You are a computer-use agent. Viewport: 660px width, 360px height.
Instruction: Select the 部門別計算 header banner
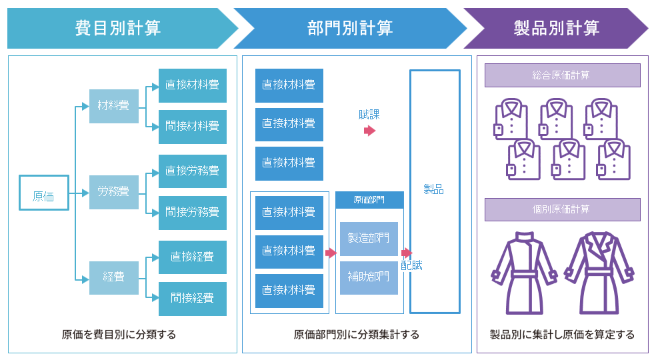pyautogui.click(x=350, y=28)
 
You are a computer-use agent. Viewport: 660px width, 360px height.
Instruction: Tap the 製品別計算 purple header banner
pyautogui.click(x=557, y=28)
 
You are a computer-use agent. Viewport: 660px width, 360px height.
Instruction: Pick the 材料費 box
pyautogui.click(x=113, y=106)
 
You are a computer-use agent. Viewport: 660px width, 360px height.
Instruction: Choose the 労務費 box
pyautogui.click(x=113, y=192)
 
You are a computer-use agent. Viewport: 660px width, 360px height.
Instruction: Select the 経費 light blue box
pyautogui.click(x=113, y=277)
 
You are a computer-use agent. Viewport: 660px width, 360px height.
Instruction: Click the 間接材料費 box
pyautogui.click(x=193, y=126)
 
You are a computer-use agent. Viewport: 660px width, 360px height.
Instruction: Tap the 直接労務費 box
pyautogui.click(x=193, y=171)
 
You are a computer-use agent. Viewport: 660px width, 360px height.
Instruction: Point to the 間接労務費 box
pyautogui.click(x=193, y=213)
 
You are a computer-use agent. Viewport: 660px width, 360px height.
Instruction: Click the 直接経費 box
pyautogui.click(x=193, y=257)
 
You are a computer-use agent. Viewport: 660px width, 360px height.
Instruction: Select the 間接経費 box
pyautogui.click(x=193, y=298)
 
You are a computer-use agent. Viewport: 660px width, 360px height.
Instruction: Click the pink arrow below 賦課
pyautogui.click(x=369, y=131)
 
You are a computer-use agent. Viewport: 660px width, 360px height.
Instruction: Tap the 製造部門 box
pyautogui.click(x=369, y=238)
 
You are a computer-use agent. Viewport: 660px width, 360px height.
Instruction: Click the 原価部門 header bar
pyautogui.click(x=369, y=199)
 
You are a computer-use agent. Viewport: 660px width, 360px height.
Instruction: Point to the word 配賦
pyautogui.click(x=412, y=265)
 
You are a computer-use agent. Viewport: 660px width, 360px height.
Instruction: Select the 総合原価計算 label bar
pyautogui.click(x=562, y=75)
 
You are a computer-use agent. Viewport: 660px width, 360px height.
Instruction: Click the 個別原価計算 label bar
pyautogui.click(x=562, y=209)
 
